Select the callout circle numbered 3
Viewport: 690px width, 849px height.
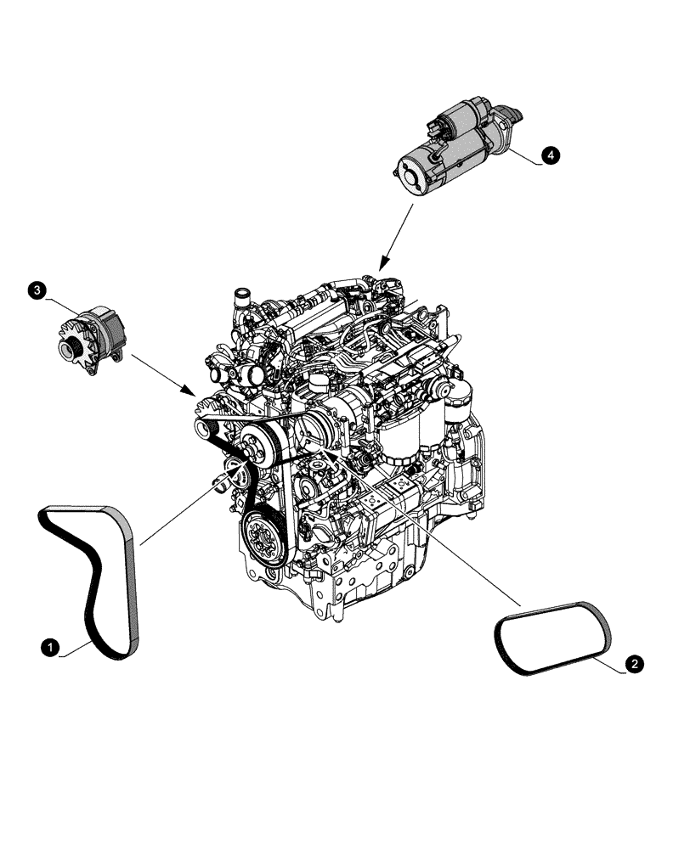coord(37,291)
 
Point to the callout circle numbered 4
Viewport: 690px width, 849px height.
coord(550,155)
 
